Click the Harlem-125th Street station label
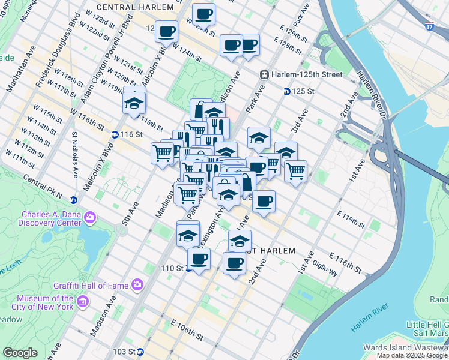(306, 74)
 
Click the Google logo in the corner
(20, 353)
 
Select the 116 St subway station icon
(115, 134)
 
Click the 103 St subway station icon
(140, 352)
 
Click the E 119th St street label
(351, 220)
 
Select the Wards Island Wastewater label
(406, 347)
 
